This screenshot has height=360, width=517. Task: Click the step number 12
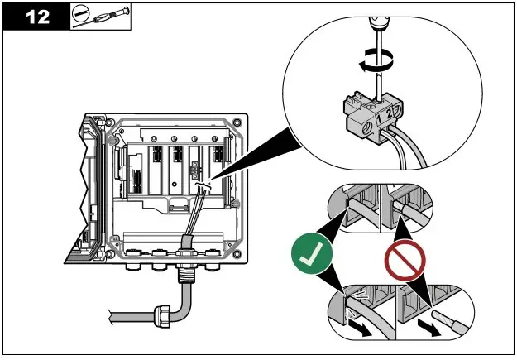coord(35,17)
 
